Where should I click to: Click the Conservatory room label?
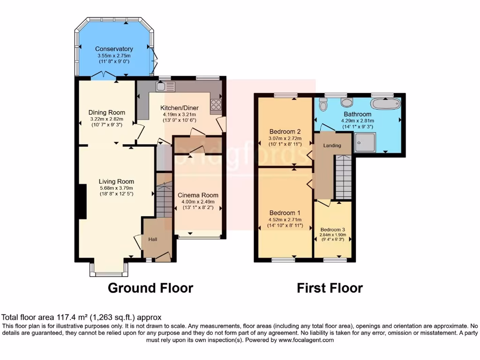114,49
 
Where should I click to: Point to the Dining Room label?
107,112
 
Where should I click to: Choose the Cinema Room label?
198,195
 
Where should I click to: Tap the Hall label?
153,240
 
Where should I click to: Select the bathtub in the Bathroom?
385,104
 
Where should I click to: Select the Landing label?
332,146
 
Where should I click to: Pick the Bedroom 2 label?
285,131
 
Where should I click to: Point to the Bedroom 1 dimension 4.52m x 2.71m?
285,220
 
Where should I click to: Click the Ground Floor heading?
150,288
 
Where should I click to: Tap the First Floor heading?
330,288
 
